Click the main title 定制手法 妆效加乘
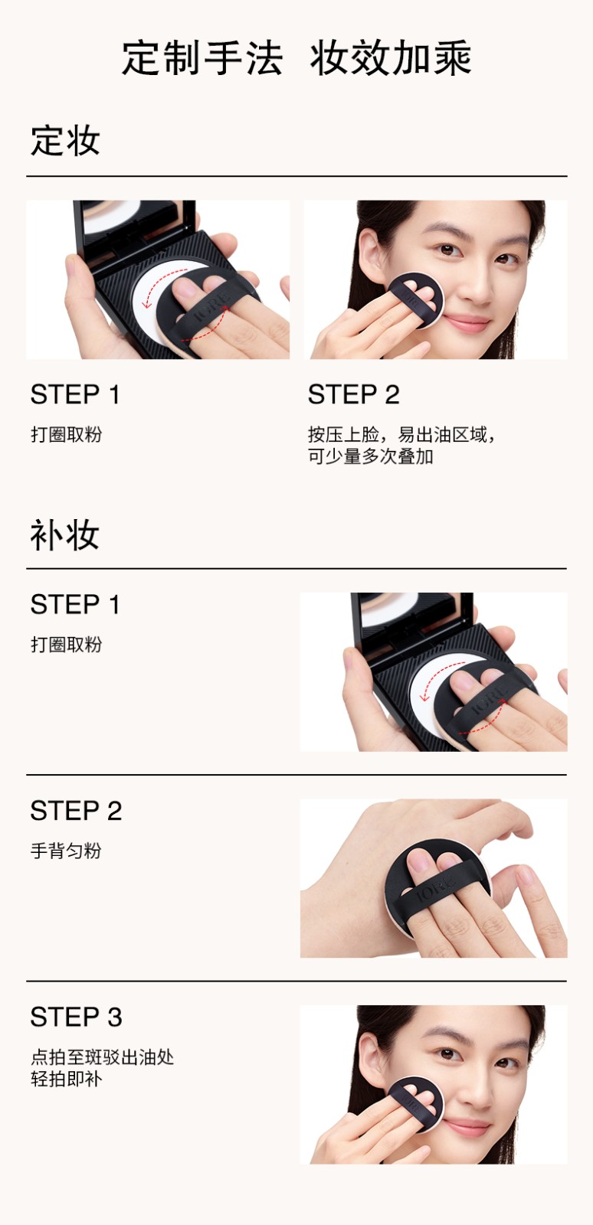coord(296,57)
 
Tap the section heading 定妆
coord(65,141)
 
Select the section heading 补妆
coord(65,534)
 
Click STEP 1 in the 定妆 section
coord(75,394)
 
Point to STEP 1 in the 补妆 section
coord(75,604)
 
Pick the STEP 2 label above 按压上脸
coord(353,394)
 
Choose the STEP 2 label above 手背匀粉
coord(76,811)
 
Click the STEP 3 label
coord(76,1018)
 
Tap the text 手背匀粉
coord(66,851)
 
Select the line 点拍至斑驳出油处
coord(103,1057)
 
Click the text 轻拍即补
coord(66,1079)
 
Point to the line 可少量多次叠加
coord(371,456)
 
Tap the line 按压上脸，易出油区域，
coord(401,435)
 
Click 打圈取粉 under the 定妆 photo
coord(66,435)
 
